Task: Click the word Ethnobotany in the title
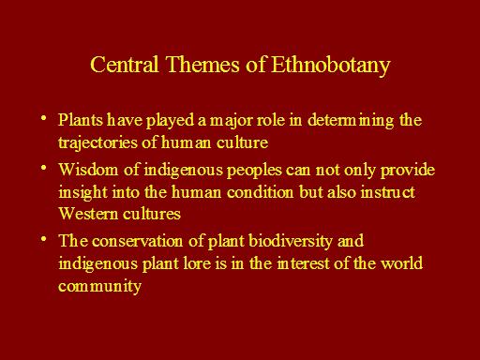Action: [x=331, y=66]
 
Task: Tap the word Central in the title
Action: [x=125, y=64]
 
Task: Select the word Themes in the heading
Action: [x=202, y=64]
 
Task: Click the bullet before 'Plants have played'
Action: [x=44, y=118]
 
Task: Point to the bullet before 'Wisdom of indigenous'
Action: [x=44, y=168]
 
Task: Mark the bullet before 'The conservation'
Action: [x=44, y=239]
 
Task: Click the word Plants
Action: [x=81, y=120]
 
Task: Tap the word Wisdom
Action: [x=88, y=170]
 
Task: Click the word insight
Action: [x=82, y=192]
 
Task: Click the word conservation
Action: [x=137, y=241]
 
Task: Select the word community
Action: [x=99, y=286]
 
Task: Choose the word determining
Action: [x=351, y=121]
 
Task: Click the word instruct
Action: [x=388, y=192]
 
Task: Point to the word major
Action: [x=231, y=121]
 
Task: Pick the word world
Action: [x=401, y=263]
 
